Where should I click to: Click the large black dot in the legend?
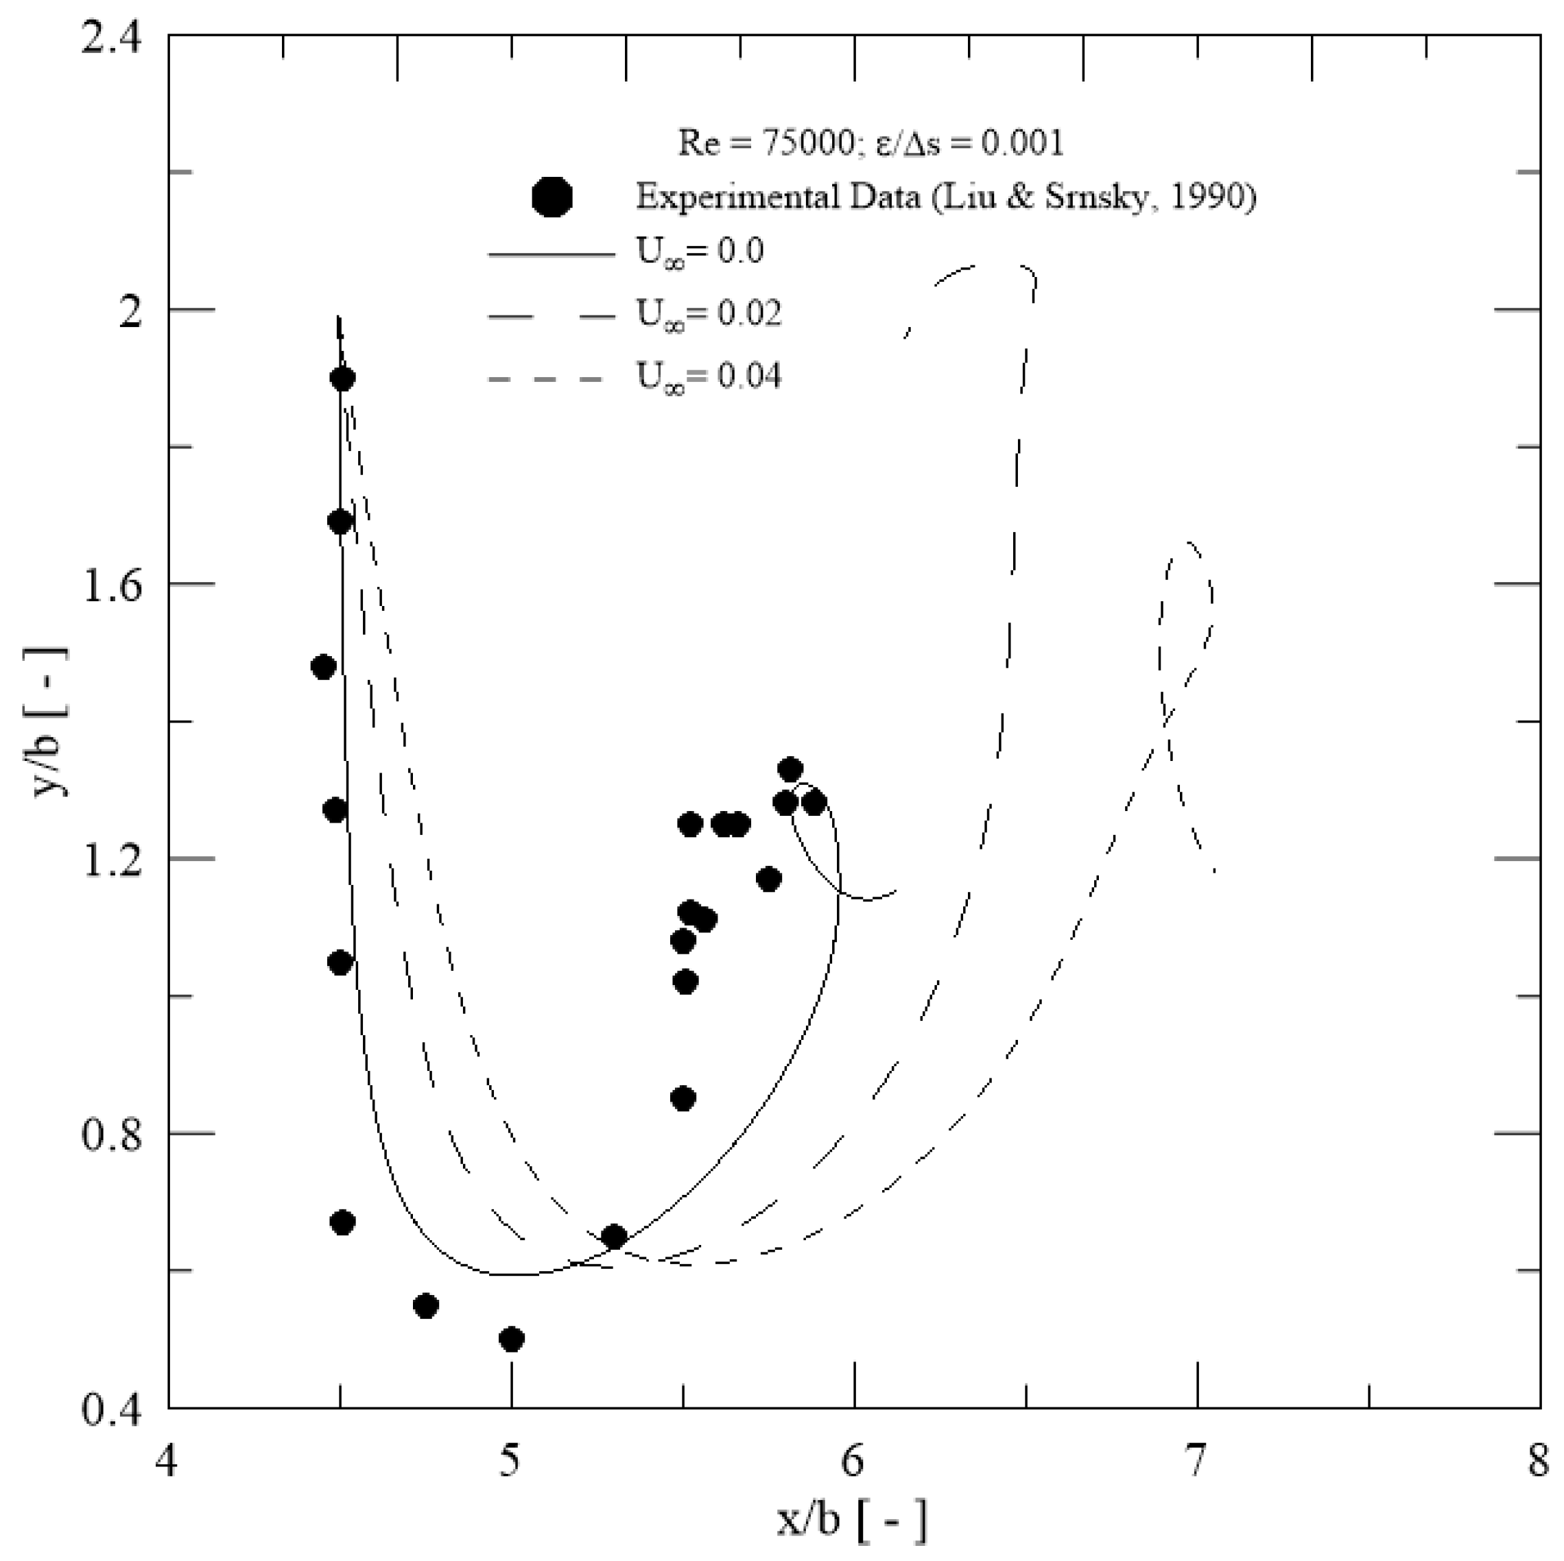tap(553, 197)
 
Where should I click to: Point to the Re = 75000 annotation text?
tap(765, 143)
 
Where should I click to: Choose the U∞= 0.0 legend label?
tap(700, 251)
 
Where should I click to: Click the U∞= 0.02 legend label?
tap(709, 314)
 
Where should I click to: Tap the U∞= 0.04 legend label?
tap(709, 376)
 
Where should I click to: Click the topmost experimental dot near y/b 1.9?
tap(342, 378)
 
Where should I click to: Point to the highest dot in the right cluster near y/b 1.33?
tap(790, 769)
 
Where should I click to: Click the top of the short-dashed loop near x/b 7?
tap(1187, 542)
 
